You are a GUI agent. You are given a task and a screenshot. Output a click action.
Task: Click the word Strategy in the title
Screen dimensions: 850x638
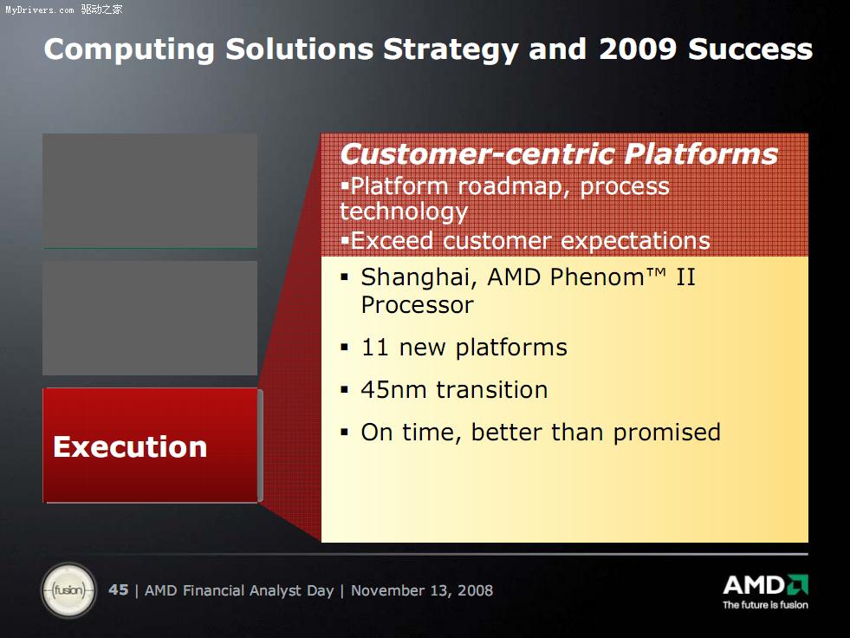pyautogui.click(x=451, y=50)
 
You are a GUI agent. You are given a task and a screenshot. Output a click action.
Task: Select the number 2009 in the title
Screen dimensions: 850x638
pyautogui.click(x=638, y=49)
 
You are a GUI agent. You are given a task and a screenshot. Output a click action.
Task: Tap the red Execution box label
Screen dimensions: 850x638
pyautogui.click(x=130, y=447)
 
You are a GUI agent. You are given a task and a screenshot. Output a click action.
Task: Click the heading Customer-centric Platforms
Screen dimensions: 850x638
pyautogui.click(x=559, y=153)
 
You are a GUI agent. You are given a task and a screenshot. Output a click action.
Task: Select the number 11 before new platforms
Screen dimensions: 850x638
pyautogui.click(x=374, y=348)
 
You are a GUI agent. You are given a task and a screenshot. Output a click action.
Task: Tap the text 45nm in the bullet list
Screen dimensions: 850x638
pyautogui.click(x=393, y=390)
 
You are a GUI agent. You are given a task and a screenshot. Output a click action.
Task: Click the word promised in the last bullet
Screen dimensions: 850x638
pyautogui.click(x=667, y=433)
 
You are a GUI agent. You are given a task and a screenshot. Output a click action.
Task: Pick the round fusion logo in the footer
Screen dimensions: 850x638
pyautogui.click(x=68, y=590)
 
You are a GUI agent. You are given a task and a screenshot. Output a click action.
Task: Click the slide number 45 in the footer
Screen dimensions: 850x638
pyautogui.click(x=119, y=589)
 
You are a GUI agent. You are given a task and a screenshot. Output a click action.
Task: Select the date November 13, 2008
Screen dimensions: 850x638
pyautogui.click(x=422, y=590)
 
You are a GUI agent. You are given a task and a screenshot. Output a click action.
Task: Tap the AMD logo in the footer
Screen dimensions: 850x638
pyautogui.click(x=765, y=585)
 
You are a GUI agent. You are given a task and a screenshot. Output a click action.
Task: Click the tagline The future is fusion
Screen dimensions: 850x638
pyautogui.click(x=765, y=605)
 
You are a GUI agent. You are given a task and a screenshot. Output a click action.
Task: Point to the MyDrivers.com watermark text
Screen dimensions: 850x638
pyautogui.click(x=40, y=10)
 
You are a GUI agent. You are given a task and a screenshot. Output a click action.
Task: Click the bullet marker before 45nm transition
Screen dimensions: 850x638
pyautogui.click(x=344, y=389)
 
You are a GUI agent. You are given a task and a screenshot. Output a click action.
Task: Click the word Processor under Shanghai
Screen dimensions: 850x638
pyautogui.click(x=418, y=305)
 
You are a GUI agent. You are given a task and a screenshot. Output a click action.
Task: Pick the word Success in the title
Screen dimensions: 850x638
pyautogui.click(x=750, y=49)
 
